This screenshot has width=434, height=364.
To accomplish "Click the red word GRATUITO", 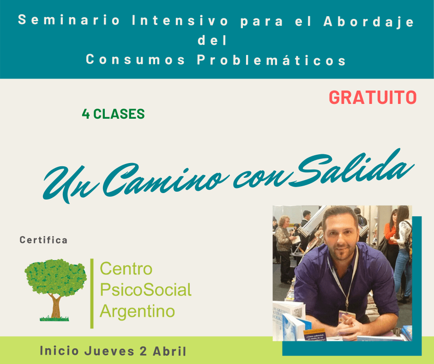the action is pyautogui.click(x=373, y=97).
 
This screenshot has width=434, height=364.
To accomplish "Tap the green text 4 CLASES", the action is pyautogui.click(x=113, y=114).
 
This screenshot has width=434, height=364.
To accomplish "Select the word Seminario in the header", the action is pyautogui.click(x=69, y=20).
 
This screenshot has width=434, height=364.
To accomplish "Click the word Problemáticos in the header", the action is pyautogui.click(x=271, y=60).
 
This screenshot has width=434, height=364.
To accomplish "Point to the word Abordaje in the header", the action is pyautogui.click(x=369, y=21).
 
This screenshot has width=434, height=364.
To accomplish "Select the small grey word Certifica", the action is pyautogui.click(x=43, y=240).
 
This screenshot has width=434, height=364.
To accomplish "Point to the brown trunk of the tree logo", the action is pyautogui.click(x=56, y=306).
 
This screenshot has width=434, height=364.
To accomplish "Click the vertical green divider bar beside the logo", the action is pyautogui.click(x=92, y=293).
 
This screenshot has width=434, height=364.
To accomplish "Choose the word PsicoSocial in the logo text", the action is pyautogui.click(x=145, y=290).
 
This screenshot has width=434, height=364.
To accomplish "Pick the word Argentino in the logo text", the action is pyautogui.click(x=137, y=311).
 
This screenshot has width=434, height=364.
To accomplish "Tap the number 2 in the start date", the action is pyautogui.click(x=143, y=351).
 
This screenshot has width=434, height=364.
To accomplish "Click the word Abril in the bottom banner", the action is pyautogui.click(x=169, y=351).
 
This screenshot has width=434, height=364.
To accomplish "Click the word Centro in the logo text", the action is pyautogui.click(x=126, y=269).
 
